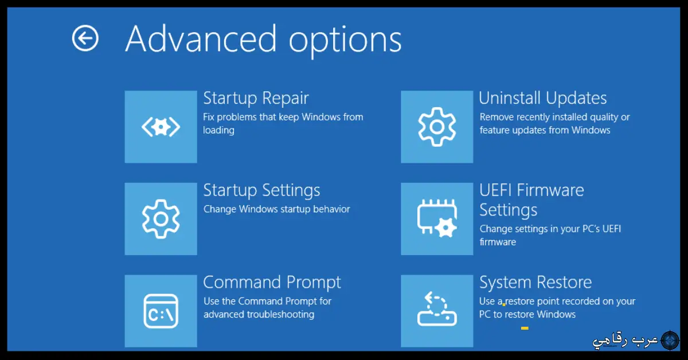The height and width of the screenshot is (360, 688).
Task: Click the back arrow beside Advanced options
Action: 85,38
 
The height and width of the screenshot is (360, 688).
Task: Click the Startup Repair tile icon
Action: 161,127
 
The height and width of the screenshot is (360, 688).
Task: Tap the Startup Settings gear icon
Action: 161,218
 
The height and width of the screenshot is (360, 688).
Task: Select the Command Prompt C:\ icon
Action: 161,311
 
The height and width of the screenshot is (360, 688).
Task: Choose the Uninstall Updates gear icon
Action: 437,127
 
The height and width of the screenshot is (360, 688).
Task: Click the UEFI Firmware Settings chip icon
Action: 437,218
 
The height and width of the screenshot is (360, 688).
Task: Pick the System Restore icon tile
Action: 437,311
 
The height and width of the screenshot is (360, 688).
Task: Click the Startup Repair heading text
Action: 256,98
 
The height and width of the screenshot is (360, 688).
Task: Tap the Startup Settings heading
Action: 261,190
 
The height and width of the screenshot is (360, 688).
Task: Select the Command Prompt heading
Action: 272,283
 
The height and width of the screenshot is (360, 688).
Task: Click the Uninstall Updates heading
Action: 543,98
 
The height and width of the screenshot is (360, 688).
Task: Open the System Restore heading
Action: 535,283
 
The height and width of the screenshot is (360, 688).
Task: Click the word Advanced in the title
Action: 201,39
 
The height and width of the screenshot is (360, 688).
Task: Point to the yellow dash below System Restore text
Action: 525,328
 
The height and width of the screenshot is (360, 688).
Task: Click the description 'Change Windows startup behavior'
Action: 276,209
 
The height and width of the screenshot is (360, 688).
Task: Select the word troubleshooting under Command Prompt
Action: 280,314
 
